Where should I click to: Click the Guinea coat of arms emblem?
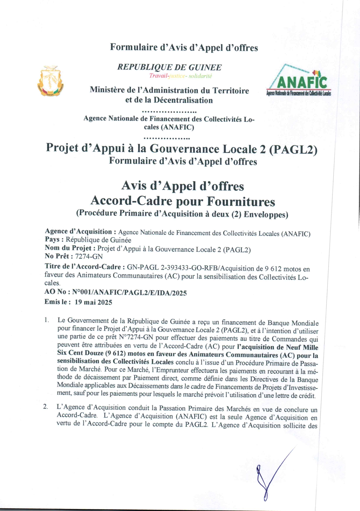click(50, 81)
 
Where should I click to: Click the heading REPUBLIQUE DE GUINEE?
click(169, 67)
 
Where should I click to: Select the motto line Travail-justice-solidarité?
click(180, 76)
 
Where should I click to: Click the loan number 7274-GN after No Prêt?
click(89, 257)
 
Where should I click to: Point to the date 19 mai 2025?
click(93, 302)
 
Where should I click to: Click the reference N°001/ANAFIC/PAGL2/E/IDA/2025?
click(129, 293)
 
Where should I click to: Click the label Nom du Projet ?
click(70, 248)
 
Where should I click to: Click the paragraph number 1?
click(47, 320)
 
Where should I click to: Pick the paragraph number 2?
click(45, 407)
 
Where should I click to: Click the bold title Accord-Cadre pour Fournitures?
click(183, 201)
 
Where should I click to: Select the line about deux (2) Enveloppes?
click(182, 214)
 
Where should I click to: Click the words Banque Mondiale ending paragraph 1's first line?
click(293, 323)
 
